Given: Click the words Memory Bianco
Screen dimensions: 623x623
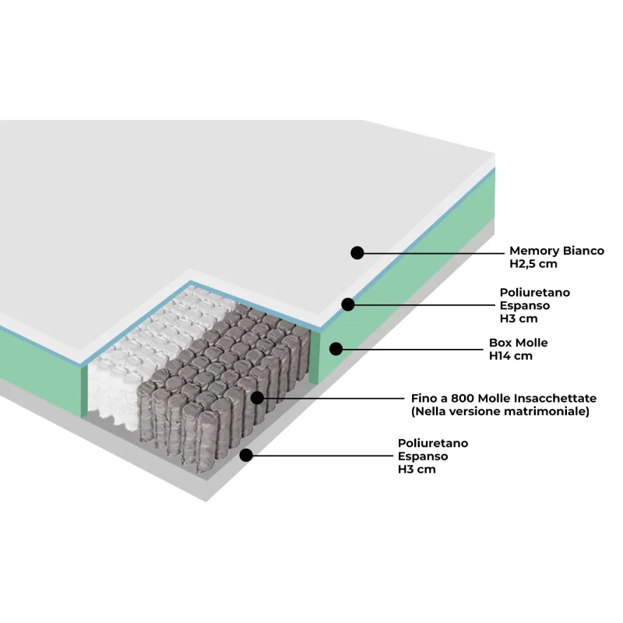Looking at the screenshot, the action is click(x=557, y=251).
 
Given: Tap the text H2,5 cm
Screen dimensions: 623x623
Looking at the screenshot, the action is click(x=533, y=264).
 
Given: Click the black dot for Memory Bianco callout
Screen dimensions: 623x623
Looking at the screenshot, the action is click(x=357, y=252).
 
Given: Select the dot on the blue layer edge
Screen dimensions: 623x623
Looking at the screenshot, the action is click(x=347, y=304).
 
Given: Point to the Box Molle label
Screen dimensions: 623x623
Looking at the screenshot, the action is click(x=518, y=343).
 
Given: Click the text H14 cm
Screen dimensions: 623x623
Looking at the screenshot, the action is click(x=511, y=356).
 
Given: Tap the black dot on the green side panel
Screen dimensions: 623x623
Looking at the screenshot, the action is click(x=336, y=349).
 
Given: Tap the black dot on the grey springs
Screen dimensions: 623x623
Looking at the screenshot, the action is click(x=258, y=398).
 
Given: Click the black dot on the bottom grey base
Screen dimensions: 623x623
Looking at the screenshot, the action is click(x=246, y=456).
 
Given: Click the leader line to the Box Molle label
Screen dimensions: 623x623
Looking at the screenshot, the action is click(x=413, y=350).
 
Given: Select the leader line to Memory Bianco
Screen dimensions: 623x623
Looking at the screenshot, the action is click(x=434, y=252).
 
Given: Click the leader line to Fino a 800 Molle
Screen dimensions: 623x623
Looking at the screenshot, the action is click(x=334, y=398).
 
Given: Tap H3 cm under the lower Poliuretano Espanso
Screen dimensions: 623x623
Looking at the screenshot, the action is click(x=417, y=470).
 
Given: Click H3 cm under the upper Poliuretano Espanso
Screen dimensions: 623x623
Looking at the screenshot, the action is click(x=519, y=319).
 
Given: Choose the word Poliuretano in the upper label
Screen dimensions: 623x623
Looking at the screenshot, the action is click(x=535, y=293).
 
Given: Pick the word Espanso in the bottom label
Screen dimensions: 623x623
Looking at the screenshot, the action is click(x=423, y=456).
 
